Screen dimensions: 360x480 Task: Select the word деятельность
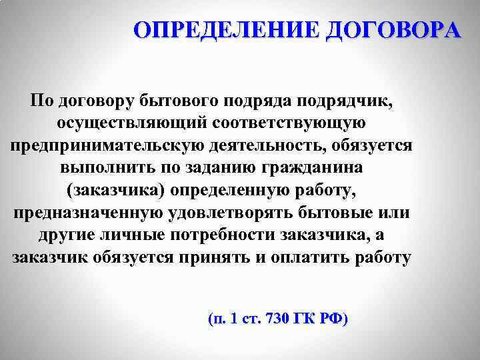272,145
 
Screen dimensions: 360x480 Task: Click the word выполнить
99,168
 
